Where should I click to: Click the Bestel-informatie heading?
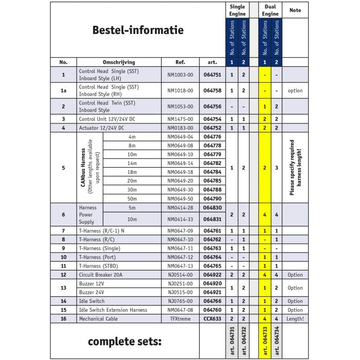click(137, 30)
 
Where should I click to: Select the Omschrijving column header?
click(119, 62)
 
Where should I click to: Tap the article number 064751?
click(212, 75)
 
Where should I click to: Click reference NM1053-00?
click(180, 106)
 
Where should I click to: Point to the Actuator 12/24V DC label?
click(102, 128)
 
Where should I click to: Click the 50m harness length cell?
click(132, 199)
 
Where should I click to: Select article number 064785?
click(212, 181)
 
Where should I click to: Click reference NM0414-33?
click(180, 219)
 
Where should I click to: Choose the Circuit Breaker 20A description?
click(101, 275)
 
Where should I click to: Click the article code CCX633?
click(212, 319)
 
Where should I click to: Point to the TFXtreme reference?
click(180, 319)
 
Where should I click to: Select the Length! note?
click(295, 319)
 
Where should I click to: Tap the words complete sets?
click(124, 341)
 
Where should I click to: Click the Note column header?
click(295, 10)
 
